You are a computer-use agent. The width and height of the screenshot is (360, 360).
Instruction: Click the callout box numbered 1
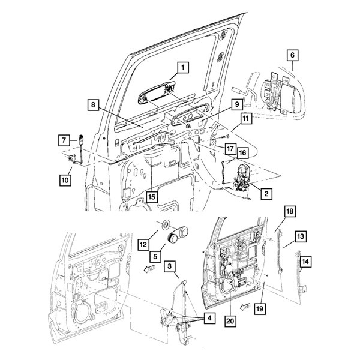[183, 67]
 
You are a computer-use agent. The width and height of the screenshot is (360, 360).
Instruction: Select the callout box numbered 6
[292, 55]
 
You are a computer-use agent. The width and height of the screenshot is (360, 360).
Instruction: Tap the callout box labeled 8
[93, 105]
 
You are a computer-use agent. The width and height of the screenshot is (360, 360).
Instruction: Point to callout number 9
[237, 105]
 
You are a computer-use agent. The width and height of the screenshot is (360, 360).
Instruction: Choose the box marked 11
[246, 118]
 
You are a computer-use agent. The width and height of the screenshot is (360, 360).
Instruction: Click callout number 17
[230, 149]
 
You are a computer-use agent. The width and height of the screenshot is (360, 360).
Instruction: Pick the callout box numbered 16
[242, 153]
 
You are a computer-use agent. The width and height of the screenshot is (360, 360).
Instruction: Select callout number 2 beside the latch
[266, 194]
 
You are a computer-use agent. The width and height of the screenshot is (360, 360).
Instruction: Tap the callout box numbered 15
[152, 197]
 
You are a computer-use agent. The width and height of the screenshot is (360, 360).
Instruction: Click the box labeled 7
[64, 140]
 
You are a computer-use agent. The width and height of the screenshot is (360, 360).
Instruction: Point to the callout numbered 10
[65, 180]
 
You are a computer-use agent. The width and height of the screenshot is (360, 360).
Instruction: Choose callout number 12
[143, 245]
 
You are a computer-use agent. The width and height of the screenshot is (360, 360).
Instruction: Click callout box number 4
[209, 318]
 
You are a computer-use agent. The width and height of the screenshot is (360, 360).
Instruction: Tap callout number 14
[305, 262]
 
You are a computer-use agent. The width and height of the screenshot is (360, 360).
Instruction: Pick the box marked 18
[290, 211]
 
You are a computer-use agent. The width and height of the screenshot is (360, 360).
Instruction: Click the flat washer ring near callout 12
[165, 224]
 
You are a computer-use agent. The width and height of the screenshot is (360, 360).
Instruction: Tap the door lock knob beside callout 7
[81, 139]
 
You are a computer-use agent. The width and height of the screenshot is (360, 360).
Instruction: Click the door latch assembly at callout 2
[242, 178]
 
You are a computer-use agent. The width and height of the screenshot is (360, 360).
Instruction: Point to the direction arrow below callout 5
[149, 269]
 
